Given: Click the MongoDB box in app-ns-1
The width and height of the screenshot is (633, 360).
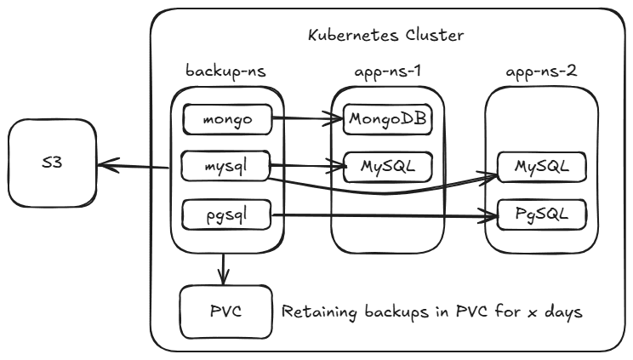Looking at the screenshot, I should (x=387, y=119).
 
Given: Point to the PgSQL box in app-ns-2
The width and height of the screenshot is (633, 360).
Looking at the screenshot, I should (x=542, y=213).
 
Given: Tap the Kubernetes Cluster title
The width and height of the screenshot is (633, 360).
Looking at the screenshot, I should (x=385, y=36).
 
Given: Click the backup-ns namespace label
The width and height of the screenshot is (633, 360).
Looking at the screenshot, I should (x=225, y=71).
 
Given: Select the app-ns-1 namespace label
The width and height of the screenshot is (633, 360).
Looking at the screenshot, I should (x=388, y=71).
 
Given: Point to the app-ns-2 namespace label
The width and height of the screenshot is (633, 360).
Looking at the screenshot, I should (x=542, y=71).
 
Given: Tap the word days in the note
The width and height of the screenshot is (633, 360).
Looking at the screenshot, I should (x=562, y=311).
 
